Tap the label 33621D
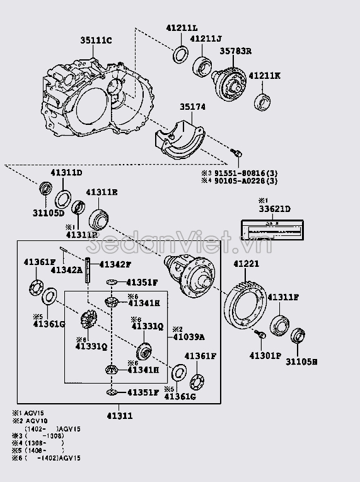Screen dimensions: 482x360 (x=274, y=209)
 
